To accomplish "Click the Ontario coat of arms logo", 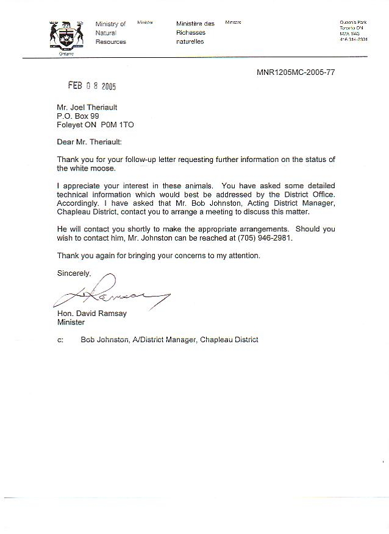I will (x=65, y=37).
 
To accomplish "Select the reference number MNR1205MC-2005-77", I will (x=295, y=72).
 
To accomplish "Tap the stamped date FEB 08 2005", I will (x=91, y=86).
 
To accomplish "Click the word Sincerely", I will (x=74, y=273).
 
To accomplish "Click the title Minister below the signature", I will (x=71, y=323).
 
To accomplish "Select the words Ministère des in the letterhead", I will (x=195, y=24).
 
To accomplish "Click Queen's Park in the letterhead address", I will (x=352, y=23).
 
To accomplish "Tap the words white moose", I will (x=92, y=168).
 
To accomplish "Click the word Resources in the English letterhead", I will (x=111, y=42).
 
